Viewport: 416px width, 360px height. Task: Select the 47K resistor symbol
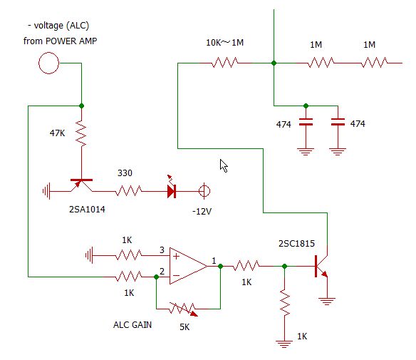(81, 133)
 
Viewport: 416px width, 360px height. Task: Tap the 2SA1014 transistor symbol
(81, 185)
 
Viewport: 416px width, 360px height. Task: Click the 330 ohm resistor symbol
(129, 191)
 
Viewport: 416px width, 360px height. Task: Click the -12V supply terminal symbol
(204, 191)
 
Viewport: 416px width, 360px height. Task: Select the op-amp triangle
(188, 266)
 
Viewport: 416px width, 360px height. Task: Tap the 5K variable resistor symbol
(184, 309)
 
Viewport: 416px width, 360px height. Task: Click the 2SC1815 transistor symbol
(321, 266)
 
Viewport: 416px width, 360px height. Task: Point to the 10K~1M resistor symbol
(225, 63)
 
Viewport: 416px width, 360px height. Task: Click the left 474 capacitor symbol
(306, 122)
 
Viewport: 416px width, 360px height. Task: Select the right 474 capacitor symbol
(338, 122)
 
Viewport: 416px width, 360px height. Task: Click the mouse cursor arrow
(224, 165)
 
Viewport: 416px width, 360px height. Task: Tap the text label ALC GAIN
(132, 325)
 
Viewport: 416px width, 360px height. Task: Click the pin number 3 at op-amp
(162, 250)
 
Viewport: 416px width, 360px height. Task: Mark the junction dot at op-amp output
(221, 266)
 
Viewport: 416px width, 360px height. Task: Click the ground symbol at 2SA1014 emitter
(46, 191)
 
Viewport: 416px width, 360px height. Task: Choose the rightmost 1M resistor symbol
(375, 63)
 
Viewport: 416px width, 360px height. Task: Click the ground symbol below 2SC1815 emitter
(327, 302)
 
